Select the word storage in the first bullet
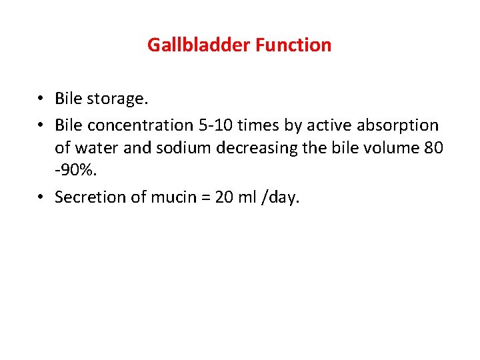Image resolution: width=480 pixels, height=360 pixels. coord(117,99)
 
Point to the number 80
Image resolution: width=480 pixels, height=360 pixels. coord(433,148)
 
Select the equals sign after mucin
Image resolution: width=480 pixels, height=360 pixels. coord(199,198)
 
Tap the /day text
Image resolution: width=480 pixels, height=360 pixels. coord(283,198)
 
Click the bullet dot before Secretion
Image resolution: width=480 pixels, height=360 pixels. coord(41,198)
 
